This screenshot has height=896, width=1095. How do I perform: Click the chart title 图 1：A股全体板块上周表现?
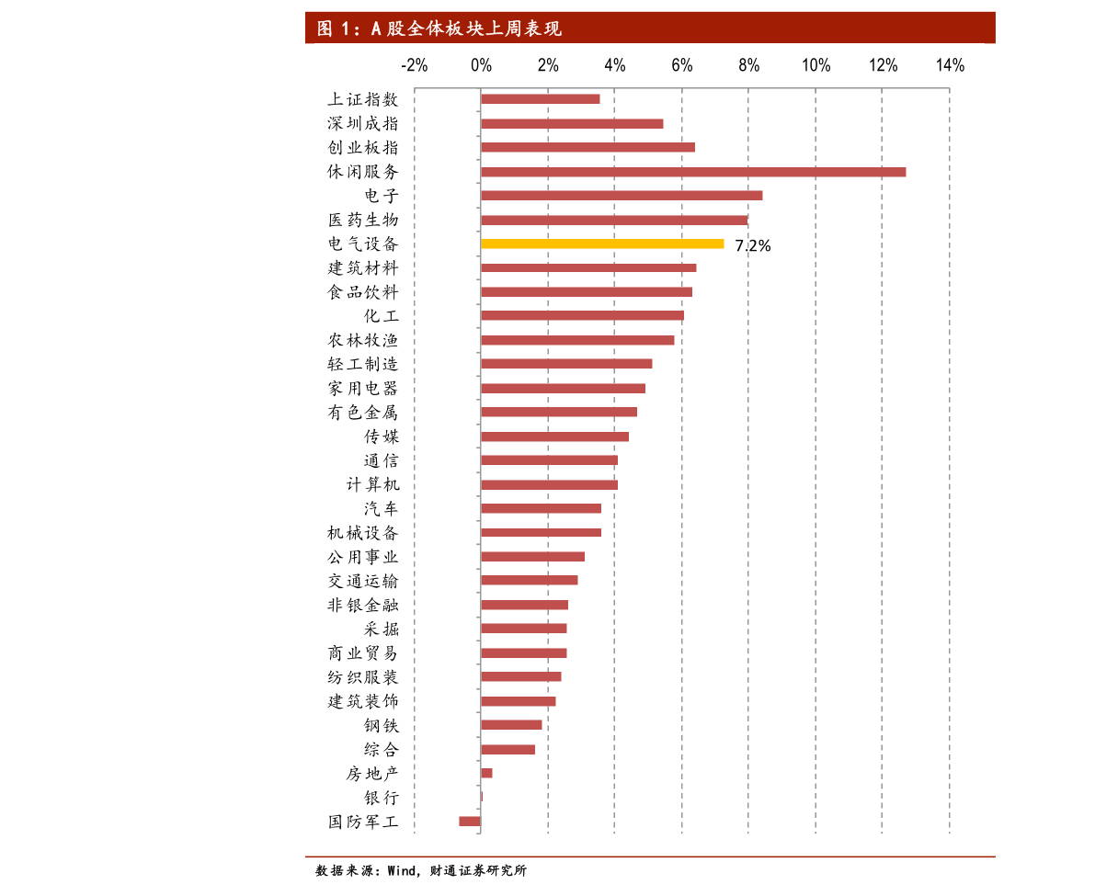[439, 28]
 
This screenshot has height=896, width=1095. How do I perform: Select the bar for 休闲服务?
[692, 172]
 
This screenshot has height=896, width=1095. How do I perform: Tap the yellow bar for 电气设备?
[602, 244]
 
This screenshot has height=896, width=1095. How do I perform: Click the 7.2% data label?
[752, 245]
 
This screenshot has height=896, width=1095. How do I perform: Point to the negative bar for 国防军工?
[470, 821]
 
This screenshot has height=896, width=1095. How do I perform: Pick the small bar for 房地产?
[486, 773]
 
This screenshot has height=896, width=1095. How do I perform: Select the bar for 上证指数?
[540, 99]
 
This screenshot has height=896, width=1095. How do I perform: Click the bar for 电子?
[622, 195]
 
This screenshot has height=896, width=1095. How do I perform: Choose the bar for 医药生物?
[614, 220]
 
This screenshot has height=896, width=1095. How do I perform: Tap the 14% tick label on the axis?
[950, 65]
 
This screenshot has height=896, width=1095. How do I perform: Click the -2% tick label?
[414, 65]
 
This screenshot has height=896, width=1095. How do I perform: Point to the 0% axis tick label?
[481, 65]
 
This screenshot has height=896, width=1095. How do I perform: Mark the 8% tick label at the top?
[748, 65]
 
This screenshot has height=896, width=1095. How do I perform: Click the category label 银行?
[382, 798]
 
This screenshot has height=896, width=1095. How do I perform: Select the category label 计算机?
[372, 484]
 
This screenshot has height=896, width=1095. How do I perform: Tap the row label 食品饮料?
[363, 292]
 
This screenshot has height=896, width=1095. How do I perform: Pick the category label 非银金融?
[363, 606]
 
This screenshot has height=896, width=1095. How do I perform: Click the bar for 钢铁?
[511, 724]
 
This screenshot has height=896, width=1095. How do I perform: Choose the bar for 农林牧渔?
[577, 340]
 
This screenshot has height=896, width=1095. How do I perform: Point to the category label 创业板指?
[363, 148]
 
